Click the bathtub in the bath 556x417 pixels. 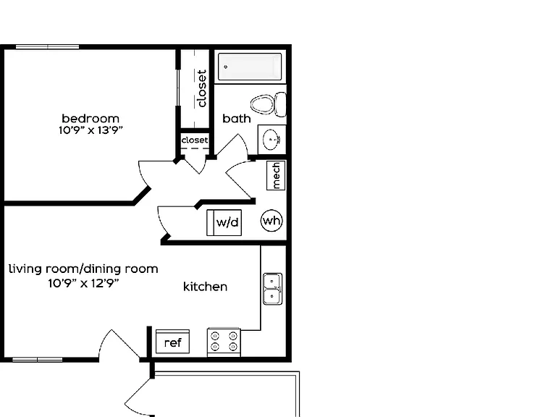tap(250, 67)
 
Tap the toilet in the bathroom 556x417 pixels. tap(268, 104)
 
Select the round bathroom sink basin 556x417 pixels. tap(272, 139)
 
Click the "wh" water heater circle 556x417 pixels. tap(271, 221)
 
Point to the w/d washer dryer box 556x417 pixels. tap(224, 223)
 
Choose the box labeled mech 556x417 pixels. tap(276, 175)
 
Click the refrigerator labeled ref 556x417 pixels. tap(173, 342)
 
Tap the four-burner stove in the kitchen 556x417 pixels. tap(224, 342)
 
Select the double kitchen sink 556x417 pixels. tap(273, 289)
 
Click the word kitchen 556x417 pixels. tap(206, 287)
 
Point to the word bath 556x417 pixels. tap(237, 119)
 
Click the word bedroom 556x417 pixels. tap(90, 118)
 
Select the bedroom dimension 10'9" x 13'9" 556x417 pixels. tap(90, 130)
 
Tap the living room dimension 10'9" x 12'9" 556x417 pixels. tap(83, 283)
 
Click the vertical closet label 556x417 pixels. tap(201, 88)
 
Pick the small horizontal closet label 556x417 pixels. tap(195, 140)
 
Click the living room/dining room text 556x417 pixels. tap(83, 269)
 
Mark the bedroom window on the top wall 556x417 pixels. tap(47, 47)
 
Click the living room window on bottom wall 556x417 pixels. tap(38, 360)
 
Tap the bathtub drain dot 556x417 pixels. tap(226, 67)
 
